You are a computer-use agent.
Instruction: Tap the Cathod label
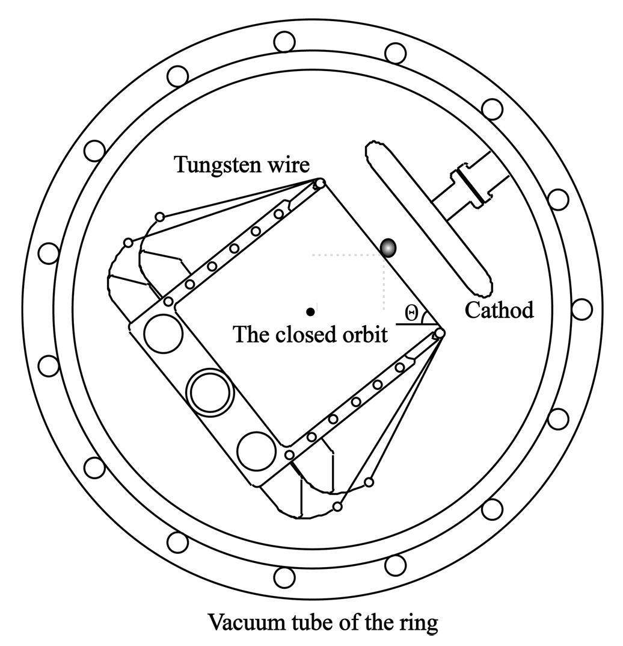coord(499,311)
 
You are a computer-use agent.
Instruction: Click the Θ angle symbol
coord(411,312)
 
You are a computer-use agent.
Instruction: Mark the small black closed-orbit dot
coord(310,311)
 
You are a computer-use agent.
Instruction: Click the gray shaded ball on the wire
coord(388,247)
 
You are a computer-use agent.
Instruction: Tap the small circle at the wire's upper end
coord(321,183)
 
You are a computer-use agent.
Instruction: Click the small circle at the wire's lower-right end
coord(440,333)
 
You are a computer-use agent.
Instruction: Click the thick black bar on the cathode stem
coord(467,185)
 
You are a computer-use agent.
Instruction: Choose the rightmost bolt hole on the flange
coord(582,310)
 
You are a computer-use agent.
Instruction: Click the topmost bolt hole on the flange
coord(284,42)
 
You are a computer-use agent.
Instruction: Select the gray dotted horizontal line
coord(348,255)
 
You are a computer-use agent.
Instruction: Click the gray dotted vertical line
coord(384,283)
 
